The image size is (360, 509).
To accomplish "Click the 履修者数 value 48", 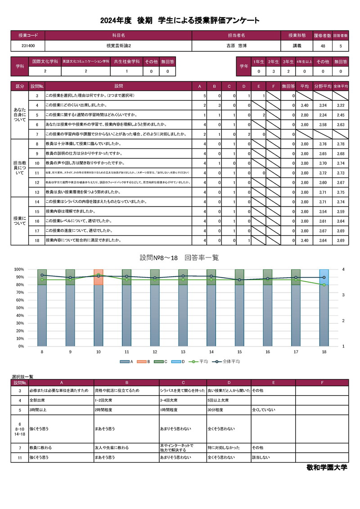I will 323,46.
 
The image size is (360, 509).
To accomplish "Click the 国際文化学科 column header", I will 45,61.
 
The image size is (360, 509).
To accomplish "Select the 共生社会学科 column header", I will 126,61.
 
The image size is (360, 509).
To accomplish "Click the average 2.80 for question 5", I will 304,115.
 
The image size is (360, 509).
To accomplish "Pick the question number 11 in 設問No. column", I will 37,173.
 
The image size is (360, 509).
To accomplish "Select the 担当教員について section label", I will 20,168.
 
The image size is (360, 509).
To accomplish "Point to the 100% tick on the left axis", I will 19,270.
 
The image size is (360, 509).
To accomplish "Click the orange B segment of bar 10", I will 99,277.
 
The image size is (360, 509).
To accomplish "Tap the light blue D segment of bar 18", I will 324,277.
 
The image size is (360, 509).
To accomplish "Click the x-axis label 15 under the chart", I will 239,351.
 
